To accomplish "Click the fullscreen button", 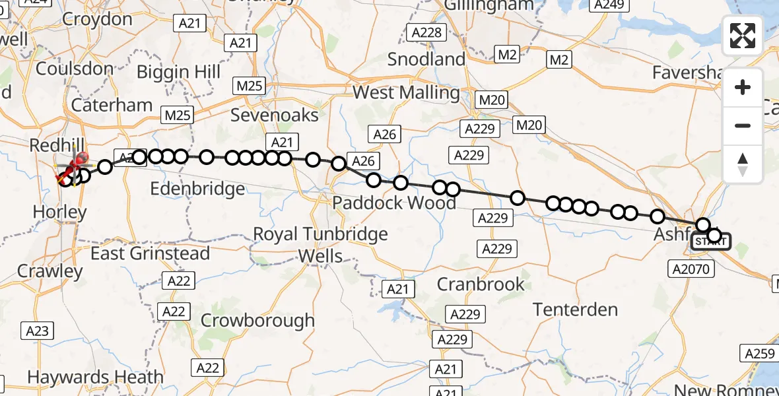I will pyautogui.click(x=743, y=36).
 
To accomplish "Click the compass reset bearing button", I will pyautogui.click(x=743, y=164).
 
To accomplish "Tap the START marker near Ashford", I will pyautogui.click(x=710, y=242).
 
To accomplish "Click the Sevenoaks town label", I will pyautogui.click(x=274, y=115).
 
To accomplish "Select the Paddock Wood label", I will pyautogui.click(x=394, y=202).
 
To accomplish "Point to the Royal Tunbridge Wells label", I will pyautogui.click(x=321, y=244).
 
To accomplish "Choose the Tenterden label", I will pyautogui.click(x=575, y=309).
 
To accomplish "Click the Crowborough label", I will pyautogui.click(x=257, y=321).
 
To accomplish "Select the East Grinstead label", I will pyautogui.click(x=150, y=253).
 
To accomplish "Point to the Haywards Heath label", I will pyautogui.click(x=95, y=378).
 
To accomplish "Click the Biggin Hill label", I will pyautogui.click(x=179, y=71).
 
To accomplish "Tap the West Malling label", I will pyautogui.click(x=406, y=92).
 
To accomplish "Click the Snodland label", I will pyautogui.click(x=426, y=59).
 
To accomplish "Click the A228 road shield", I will pyautogui.click(x=428, y=32).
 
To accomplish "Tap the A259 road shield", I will pyautogui.click(x=759, y=353).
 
